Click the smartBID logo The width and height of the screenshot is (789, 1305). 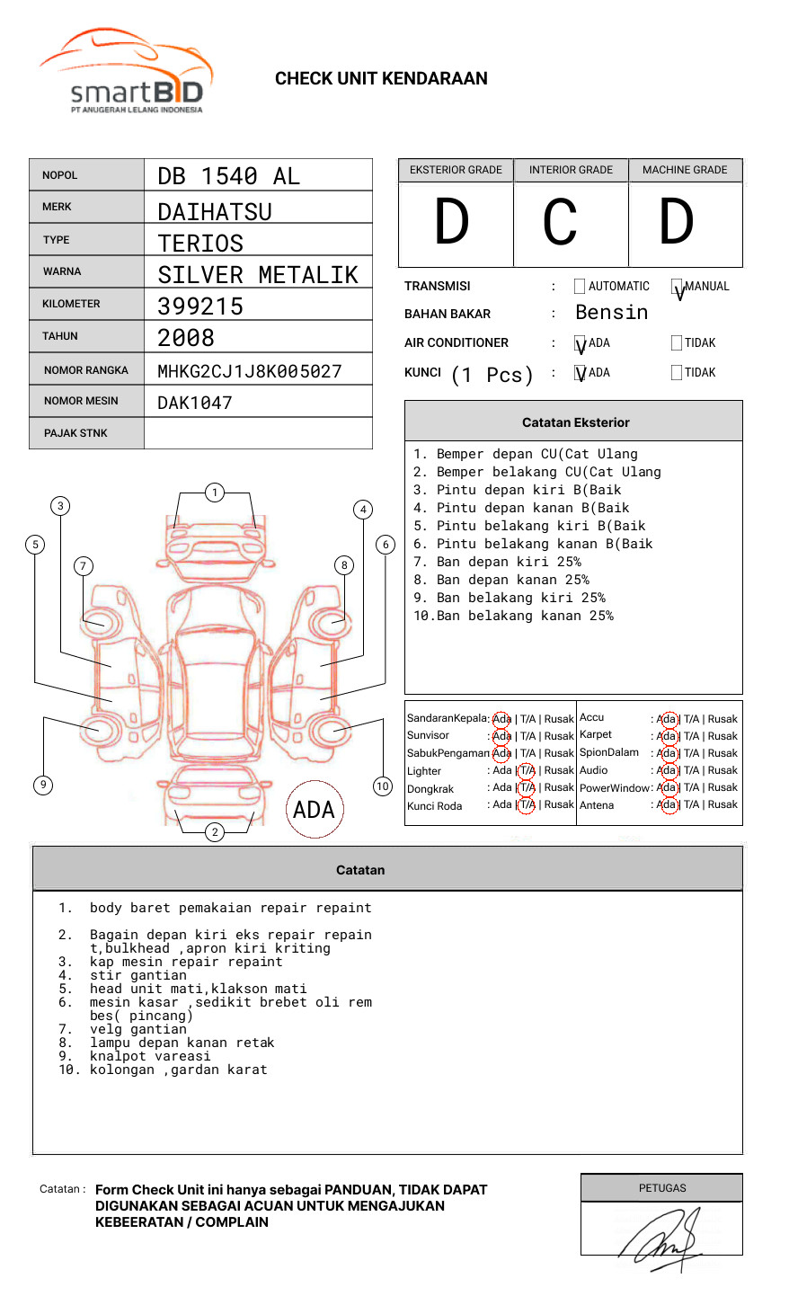(x=126, y=72)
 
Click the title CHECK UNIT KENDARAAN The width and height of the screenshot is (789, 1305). (x=381, y=79)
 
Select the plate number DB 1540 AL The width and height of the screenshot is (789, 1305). (x=229, y=176)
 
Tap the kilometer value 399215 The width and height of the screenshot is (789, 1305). (x=200, y=306)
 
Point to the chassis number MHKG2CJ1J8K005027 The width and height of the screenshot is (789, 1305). (x=250, y=371)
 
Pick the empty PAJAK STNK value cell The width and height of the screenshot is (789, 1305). (x=258, y=433)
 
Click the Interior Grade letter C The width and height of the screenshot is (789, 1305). (x=560, y=223)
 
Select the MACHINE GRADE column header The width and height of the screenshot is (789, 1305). (x=685, y=170)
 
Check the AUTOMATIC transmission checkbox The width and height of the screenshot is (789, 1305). (x=580, y=287)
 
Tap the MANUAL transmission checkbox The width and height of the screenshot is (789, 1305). (x=677, y=287)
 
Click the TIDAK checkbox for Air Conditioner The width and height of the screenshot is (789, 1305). (x=677, y=343)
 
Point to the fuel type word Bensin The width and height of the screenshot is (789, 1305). (x=611, y=313)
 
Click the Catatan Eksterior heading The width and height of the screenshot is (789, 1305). (x=575, y=422)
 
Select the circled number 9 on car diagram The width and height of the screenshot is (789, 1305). (x=43, y=785)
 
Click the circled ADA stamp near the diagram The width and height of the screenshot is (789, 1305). (x=314, y=810)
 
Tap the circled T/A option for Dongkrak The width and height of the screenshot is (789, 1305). (x=527, y=788)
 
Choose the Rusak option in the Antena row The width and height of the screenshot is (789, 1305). (x=723, y=805)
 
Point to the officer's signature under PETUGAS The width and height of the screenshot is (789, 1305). (x=661, y=1238)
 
